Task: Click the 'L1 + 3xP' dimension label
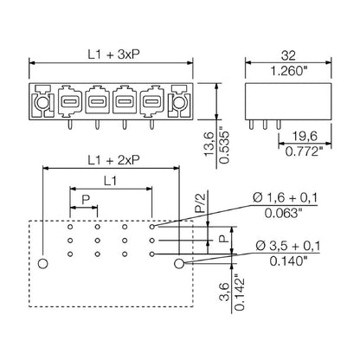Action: click(x=110, y=54)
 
